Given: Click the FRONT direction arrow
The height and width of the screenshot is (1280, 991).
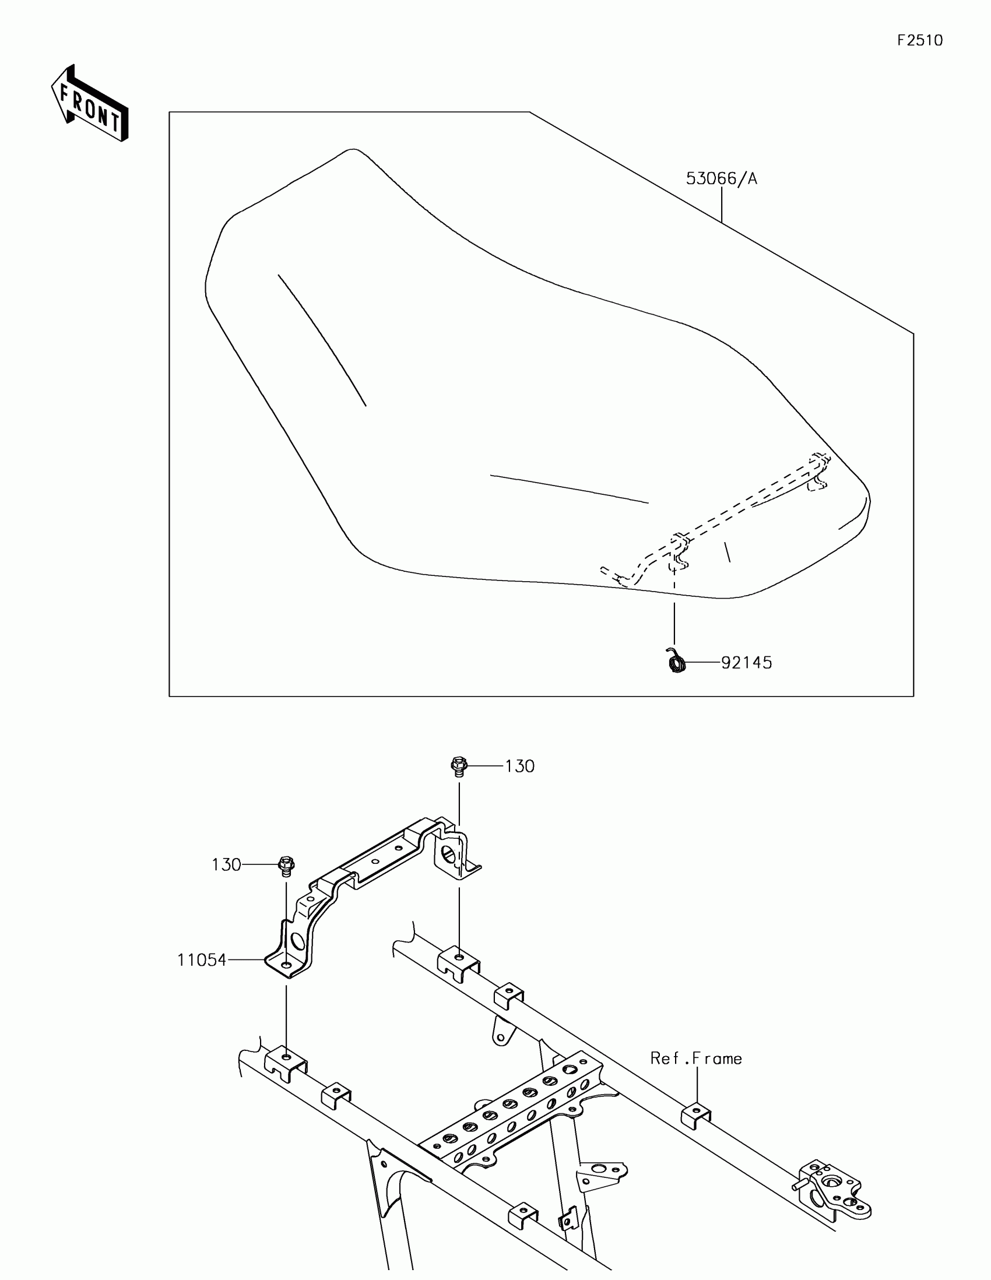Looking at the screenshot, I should click(x=90, y=104).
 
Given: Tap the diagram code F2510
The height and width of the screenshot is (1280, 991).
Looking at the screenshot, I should click(x=919, y=40).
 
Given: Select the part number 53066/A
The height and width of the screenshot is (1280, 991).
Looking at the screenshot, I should click(x=722, y=179).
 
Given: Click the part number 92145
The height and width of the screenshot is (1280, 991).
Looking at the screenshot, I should click(x=746, y=663).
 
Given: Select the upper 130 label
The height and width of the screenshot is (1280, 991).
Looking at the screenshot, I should click(x=520, y=766).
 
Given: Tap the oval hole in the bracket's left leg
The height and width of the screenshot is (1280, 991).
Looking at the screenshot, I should click(x=297, y=943).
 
